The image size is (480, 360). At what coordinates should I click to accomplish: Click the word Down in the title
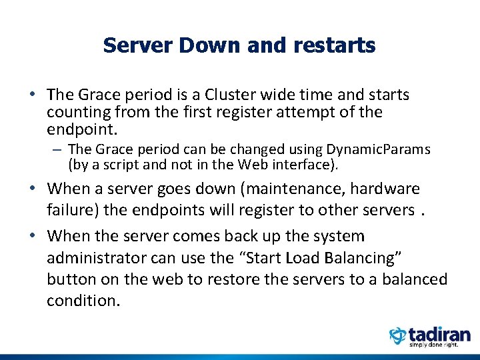(x=199, y=45)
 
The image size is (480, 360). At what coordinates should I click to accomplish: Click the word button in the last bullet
(x=70, y=279)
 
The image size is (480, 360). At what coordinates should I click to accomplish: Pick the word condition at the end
(x=83, y=301)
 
